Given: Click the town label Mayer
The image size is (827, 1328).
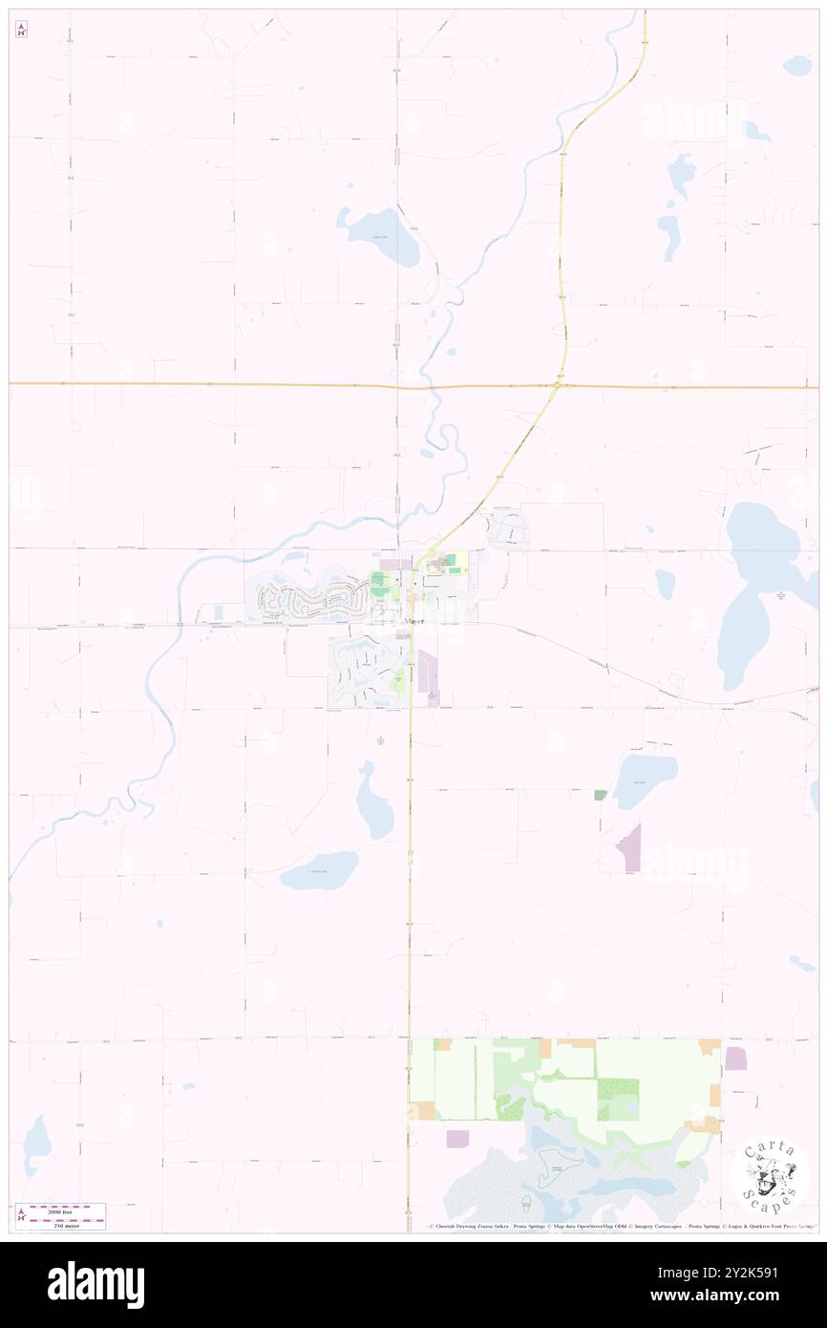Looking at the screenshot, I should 413,622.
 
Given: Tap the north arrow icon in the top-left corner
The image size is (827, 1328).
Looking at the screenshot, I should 21,30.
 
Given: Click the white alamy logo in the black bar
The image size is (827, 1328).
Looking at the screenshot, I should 95,1284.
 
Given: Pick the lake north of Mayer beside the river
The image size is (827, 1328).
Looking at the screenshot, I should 380,235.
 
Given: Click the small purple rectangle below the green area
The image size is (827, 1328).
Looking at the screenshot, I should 457,1138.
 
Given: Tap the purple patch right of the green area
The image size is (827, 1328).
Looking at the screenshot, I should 735,1059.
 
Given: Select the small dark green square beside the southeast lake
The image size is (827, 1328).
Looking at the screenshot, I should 600,795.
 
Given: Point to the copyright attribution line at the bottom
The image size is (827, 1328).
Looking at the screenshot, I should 621,1226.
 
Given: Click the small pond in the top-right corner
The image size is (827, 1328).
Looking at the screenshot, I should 796,66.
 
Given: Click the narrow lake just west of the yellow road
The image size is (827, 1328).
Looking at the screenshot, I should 374,802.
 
